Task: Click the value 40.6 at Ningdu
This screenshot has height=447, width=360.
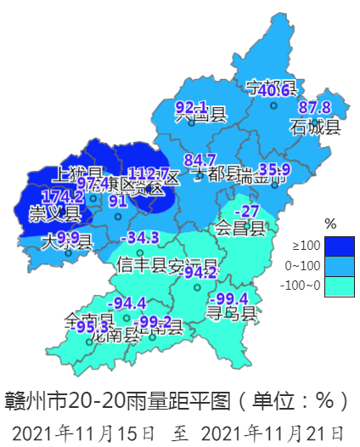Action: click(x=273, y=91)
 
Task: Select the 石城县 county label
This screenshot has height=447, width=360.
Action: click(x=314, y=128)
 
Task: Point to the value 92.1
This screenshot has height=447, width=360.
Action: click(x=191, y=107)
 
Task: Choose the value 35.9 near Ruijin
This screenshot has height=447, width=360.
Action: click(x=274, y=169)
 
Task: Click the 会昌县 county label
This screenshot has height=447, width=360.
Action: click(x=239, y=228)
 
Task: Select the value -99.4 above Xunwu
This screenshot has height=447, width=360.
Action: click(x=230, y=298)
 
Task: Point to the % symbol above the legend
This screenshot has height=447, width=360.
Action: click(x=331, y=224)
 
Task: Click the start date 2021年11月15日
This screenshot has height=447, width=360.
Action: click(x=84, y=432)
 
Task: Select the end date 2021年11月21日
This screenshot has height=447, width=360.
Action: click(x=273, y=432)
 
